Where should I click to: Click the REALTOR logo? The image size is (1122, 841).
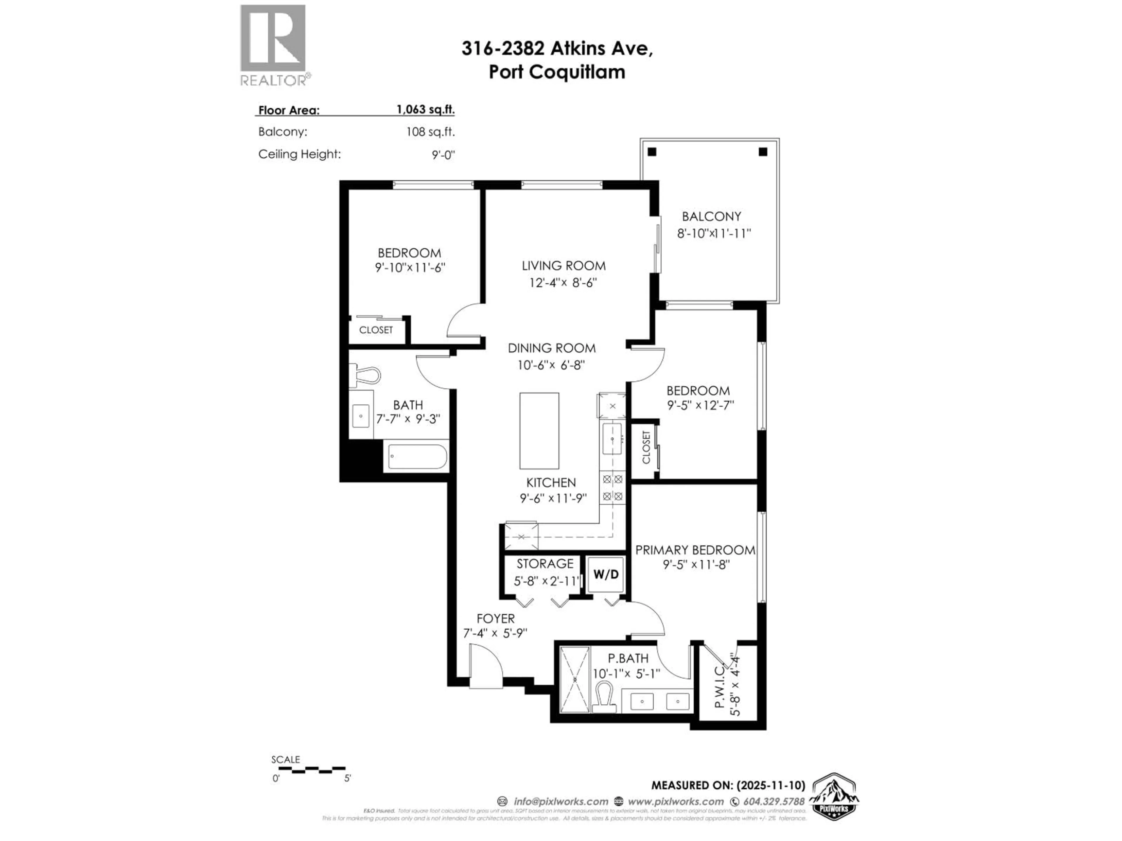click(x=273, y=45)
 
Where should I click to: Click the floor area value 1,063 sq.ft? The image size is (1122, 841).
click(x=425, y=110)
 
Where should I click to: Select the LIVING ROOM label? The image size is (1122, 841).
click(x=564, y=266)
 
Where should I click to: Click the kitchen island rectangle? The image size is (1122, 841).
click(x=539, y=431)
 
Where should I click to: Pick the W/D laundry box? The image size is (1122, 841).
click(x=606, y=574)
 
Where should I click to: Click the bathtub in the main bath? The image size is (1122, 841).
click(x=416, y=457)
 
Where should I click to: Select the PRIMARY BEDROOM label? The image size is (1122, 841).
click(x=695, y=550)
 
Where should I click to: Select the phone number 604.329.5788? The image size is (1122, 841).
click(x=773, y=802)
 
